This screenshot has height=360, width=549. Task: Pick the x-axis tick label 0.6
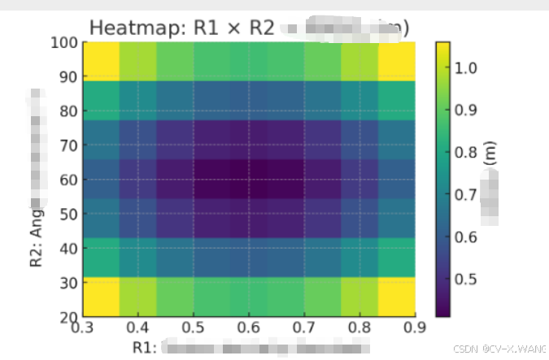(249, 327)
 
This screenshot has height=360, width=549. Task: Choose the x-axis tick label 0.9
(416, 327)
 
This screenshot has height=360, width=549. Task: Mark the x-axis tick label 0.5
(193, 327)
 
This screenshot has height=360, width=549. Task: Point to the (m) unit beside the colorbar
(490, 154)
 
